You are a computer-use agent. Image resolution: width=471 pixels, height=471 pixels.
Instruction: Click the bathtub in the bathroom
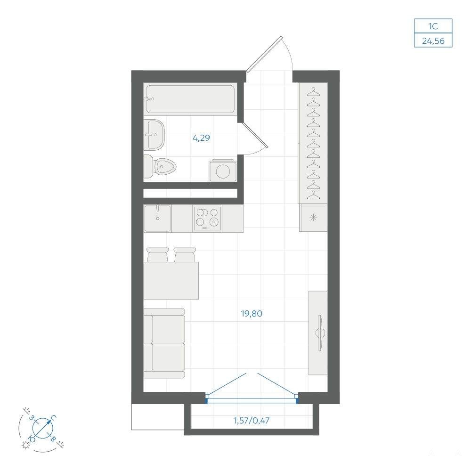190,99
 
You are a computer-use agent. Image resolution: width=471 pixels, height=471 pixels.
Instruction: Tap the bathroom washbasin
154,135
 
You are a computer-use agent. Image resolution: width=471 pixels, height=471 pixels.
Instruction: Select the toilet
160,166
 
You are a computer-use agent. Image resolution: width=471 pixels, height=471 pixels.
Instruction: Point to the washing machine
223,171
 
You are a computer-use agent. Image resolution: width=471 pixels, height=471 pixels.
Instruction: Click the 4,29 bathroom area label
201,138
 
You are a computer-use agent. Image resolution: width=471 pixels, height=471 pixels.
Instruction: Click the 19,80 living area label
252,314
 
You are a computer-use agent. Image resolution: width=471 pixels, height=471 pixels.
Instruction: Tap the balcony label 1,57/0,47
252,420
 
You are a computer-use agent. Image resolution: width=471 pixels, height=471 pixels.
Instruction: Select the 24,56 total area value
433,41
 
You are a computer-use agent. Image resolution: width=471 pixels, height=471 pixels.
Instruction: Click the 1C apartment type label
433,26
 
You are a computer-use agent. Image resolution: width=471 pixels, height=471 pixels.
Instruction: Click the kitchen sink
157,218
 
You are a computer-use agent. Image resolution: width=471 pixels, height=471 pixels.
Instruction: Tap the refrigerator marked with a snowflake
313,218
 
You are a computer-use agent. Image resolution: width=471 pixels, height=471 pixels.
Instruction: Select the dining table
171,281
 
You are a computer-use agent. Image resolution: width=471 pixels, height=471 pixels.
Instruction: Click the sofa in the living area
164,343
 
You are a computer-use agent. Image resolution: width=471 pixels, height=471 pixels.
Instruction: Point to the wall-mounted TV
320,333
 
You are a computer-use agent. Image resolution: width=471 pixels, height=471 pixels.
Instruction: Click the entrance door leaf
264,54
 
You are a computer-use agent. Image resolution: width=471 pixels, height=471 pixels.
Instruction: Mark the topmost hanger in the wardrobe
313,92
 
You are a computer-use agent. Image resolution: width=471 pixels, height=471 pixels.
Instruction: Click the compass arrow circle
43,428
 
